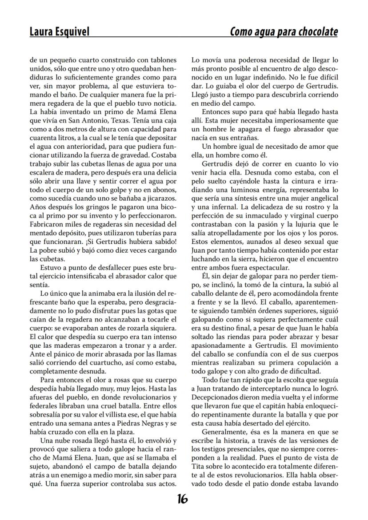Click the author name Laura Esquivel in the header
pyautogui.click(x=59, y=32)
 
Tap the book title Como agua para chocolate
pyautogui.click(x=284, y=32)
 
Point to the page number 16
pyautogui.click(x=182, y=499)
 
